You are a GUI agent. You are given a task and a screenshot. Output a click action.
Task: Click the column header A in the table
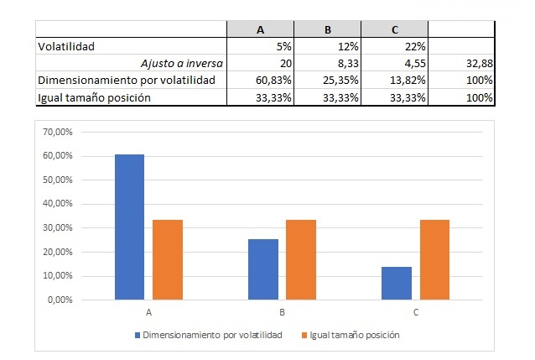pyautogui.click(x=261, y=30)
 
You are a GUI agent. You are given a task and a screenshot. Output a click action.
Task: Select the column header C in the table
pyautogui.click(x=394, y=30)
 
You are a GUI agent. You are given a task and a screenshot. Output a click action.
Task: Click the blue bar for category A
pyautogui.click(x=130, y=227)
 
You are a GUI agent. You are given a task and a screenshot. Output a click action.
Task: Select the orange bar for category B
pyautogui.click(x=301, y=259)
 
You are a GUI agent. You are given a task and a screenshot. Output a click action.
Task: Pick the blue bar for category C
pyautogui.click(x=396, y=283)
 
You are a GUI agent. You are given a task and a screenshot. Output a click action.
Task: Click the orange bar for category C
pyautogui.click(x=434, y=259)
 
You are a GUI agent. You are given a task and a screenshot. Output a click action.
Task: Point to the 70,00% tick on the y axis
pyautogui.click(x=60, y=133)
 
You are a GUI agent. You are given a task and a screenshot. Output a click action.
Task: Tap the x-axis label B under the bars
pyautogui.click(x=283, y=312)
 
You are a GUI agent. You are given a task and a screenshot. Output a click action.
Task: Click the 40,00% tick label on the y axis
pyautogui.click(x=60, y=204)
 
